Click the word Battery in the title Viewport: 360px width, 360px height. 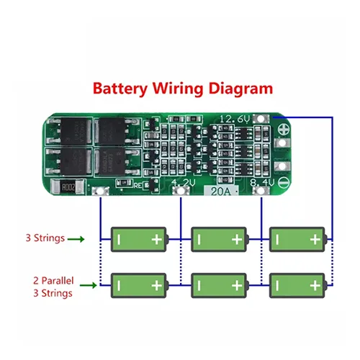click(x=120, y=89)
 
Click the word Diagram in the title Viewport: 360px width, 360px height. click(x=240, y=89)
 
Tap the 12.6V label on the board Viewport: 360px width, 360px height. click(x=236, y=117)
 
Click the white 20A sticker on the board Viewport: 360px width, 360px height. click(x=222, y=191)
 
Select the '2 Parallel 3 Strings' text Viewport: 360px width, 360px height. click(x=51, y=287)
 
